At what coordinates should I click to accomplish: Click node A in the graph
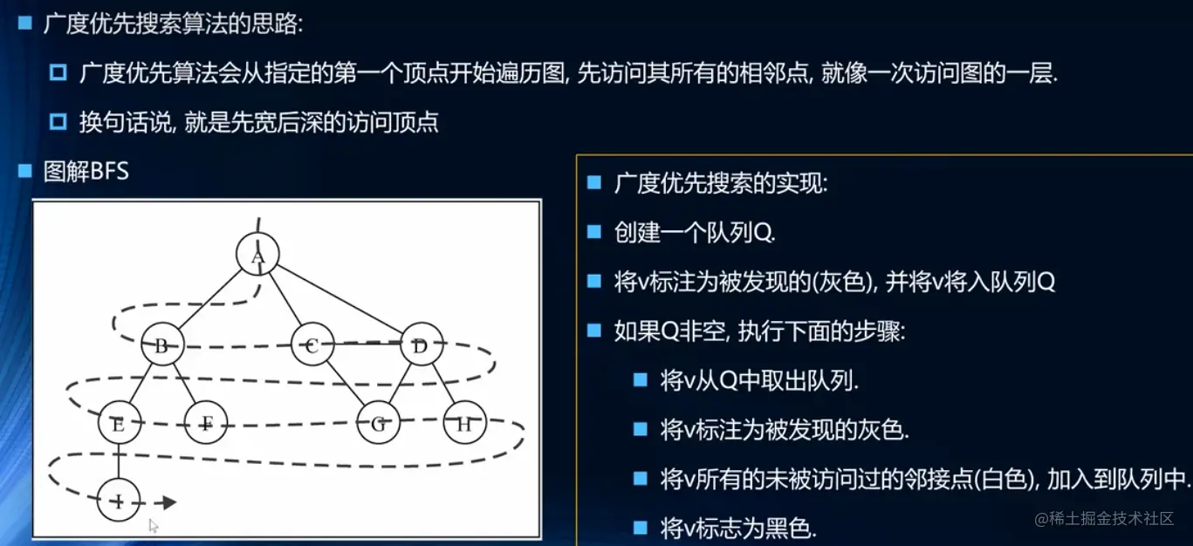(257, 254)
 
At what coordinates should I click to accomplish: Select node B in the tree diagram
(162, 345)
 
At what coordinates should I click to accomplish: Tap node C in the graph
(312, 345)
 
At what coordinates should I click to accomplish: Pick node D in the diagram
(422, 345)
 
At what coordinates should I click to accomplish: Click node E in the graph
(120, 422)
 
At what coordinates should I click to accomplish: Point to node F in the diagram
(206, 422)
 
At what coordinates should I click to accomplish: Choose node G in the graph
(378, 422)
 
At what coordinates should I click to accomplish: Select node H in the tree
(464, 422)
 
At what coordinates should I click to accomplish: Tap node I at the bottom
(119, 501)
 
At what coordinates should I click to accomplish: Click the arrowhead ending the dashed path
(169, 502)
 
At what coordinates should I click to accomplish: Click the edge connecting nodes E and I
(119, 461)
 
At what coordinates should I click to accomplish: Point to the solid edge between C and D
(367, 344)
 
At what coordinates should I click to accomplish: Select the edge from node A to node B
(209, 299)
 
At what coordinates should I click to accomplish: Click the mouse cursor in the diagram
(154, 526)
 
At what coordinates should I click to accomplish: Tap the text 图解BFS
(86, 171)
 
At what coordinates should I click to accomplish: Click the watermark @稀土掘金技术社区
(1104, 518)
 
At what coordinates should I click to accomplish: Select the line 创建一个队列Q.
(695, 233)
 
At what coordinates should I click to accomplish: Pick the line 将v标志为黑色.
(738, 529)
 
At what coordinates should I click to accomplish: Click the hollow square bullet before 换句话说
(58, 122)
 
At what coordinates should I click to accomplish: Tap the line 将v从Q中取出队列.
(759, 380)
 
